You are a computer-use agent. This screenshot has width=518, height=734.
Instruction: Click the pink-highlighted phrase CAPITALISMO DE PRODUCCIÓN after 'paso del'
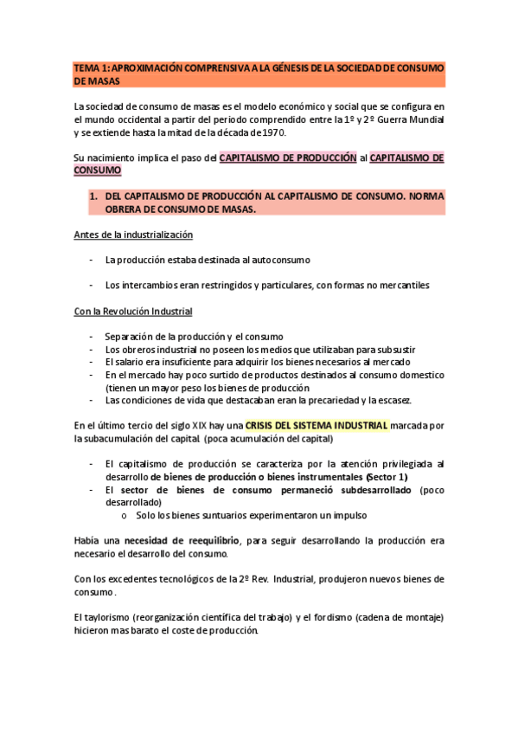coord(288,158)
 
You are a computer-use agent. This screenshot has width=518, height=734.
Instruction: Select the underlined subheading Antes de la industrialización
coord(133,235)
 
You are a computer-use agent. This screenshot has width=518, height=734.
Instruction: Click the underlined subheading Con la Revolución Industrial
coord(133,311)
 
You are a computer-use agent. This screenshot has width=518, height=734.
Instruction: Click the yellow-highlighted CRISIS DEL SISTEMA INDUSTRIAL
coord(317,426)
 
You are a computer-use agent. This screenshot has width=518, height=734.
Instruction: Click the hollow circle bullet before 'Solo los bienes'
coord(126,515)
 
